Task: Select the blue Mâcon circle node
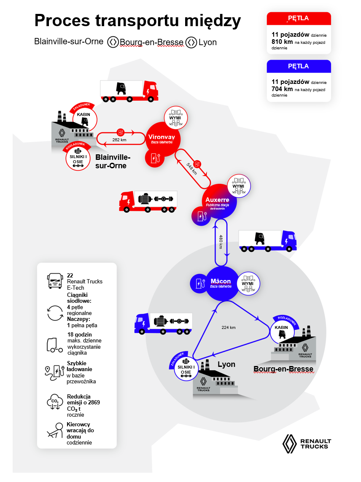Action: click(x=221, y=283)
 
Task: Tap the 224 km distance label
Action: click(x=228, y=327)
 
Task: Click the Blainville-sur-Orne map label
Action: click(x=113, y=161)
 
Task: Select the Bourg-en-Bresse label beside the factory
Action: click(x=283, y=369)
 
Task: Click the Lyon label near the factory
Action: click(x=226, y=364)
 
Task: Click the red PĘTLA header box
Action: click(x=299, y=19)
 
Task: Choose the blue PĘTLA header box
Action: click(x=299, y=67)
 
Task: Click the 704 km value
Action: click(x=282, y=89)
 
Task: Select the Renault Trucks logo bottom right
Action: click(x=307, y=444)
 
